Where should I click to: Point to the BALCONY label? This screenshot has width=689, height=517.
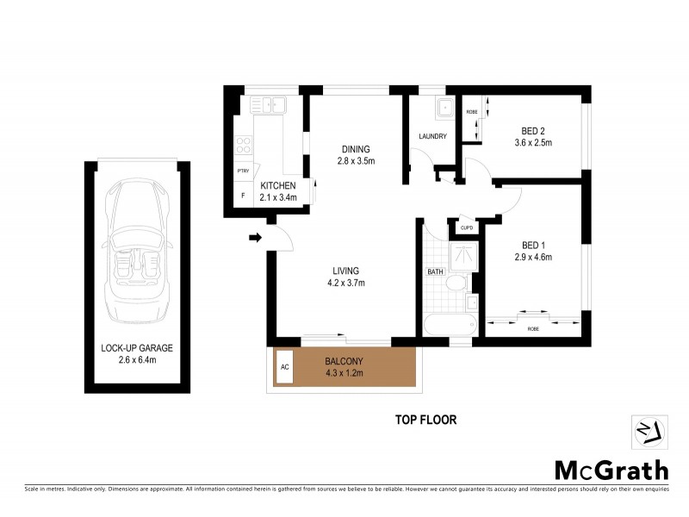coord(342,361)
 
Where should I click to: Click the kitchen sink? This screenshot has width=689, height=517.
coord(269,106)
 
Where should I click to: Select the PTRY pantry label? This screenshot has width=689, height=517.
coord(243,171)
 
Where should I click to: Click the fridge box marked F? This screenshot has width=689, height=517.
coord(243,196)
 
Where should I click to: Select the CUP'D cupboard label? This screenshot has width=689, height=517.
coord(468,227)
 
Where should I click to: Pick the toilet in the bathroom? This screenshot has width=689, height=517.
coord(458,283)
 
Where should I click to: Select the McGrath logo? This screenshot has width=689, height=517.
coord(610,470)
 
